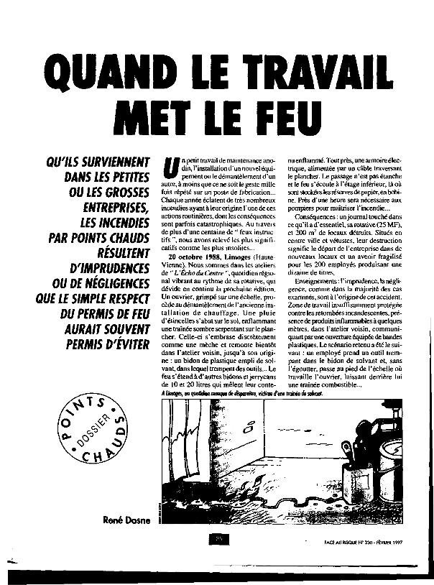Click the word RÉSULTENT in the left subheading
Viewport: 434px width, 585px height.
(x=115, y=252)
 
